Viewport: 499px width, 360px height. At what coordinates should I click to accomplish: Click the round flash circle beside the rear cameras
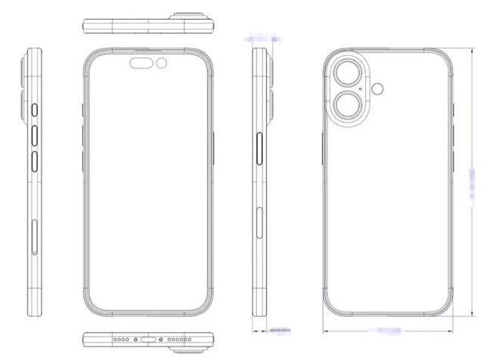pyautogui.click(x=377, y=88)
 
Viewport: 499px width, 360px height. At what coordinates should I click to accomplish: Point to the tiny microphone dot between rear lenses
pyautogui.click(x=362, y=89)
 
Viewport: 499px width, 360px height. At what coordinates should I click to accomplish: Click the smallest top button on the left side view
pyautogui.click(x=34, y=112)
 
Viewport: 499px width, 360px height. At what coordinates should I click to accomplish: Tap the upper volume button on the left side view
pyautogui.click(x=34, y=136)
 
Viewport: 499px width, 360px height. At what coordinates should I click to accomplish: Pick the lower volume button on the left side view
pyautogui.click(x=34, y=162)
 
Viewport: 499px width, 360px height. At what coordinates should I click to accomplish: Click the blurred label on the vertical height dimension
pyautogui.click(x=473, y=185)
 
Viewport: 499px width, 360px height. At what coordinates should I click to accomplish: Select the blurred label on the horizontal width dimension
pyautogui.click(x=388, y=330)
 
